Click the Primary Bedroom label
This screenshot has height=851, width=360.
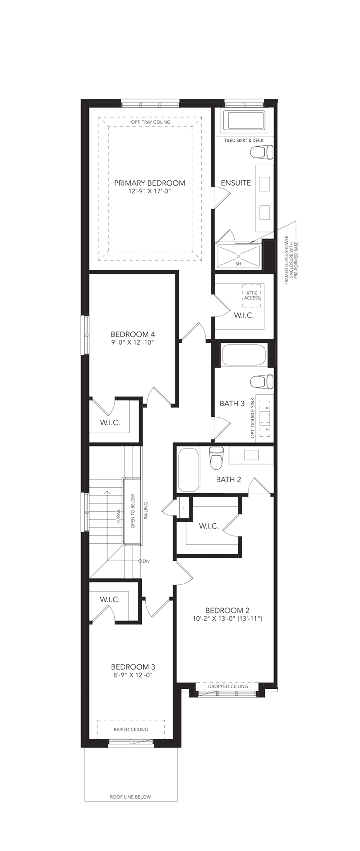[x=149, y=183]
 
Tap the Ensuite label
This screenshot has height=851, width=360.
[x=236, y=183]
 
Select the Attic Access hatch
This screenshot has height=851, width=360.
[x=252, y=296]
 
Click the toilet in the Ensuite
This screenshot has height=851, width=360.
[x=262, y=153]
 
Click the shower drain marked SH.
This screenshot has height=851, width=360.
[x=238, y=255]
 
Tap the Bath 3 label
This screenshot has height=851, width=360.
[x=232, y=403]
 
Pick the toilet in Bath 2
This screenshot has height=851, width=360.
[x=216, y=458]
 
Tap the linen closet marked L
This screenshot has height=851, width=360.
[x=184, y=507]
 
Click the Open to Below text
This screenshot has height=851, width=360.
[x=133, y=511]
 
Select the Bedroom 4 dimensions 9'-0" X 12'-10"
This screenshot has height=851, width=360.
[x=133, y=342]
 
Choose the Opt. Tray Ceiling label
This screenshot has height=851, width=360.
[x=151, y=122]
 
